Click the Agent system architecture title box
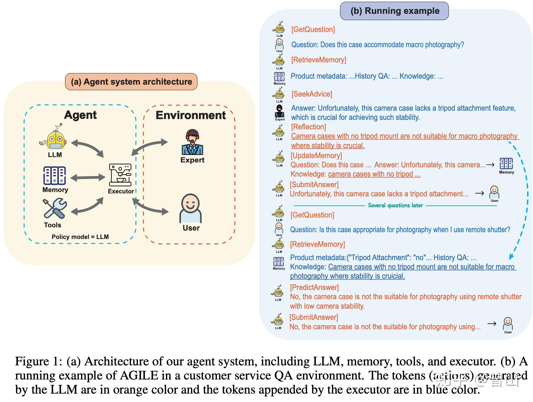(x=131, y=82)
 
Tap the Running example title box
(x=394, y=11)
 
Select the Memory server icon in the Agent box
(x=55, y=176)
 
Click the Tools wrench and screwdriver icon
(x=55, y=208)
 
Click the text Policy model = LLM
(x=80, y=237)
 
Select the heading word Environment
(x=191, y=115)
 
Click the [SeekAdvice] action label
(x=312, y=94)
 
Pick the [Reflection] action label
(x=309, y=127)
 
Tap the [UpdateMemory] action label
(x=316, y=156)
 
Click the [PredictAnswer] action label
(x=314, y=288)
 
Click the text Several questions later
(x=395, y=205)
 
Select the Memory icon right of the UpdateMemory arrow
(x=506, y=164)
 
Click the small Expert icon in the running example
(x=280, y=111)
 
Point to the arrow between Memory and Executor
(x=88, y=178)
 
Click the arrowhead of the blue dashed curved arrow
(x=511, y=256)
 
